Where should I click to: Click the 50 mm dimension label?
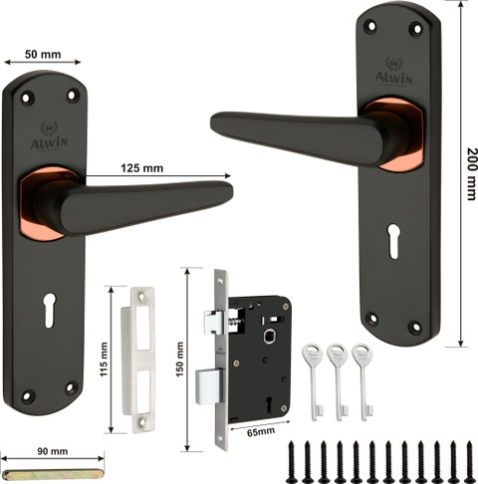pos(43,54)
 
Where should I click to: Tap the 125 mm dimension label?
pos(141,168)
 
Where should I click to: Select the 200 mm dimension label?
pos(472,174)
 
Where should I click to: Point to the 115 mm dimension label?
pos(105,360)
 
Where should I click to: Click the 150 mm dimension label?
pos(179,360)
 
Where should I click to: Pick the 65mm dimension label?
pos(261,431)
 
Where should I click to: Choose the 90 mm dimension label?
pos(53,451)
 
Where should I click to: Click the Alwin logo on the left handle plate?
pos(49,136)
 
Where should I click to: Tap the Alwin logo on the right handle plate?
pos(393,71)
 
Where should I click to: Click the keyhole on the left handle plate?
pos(49,310)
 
